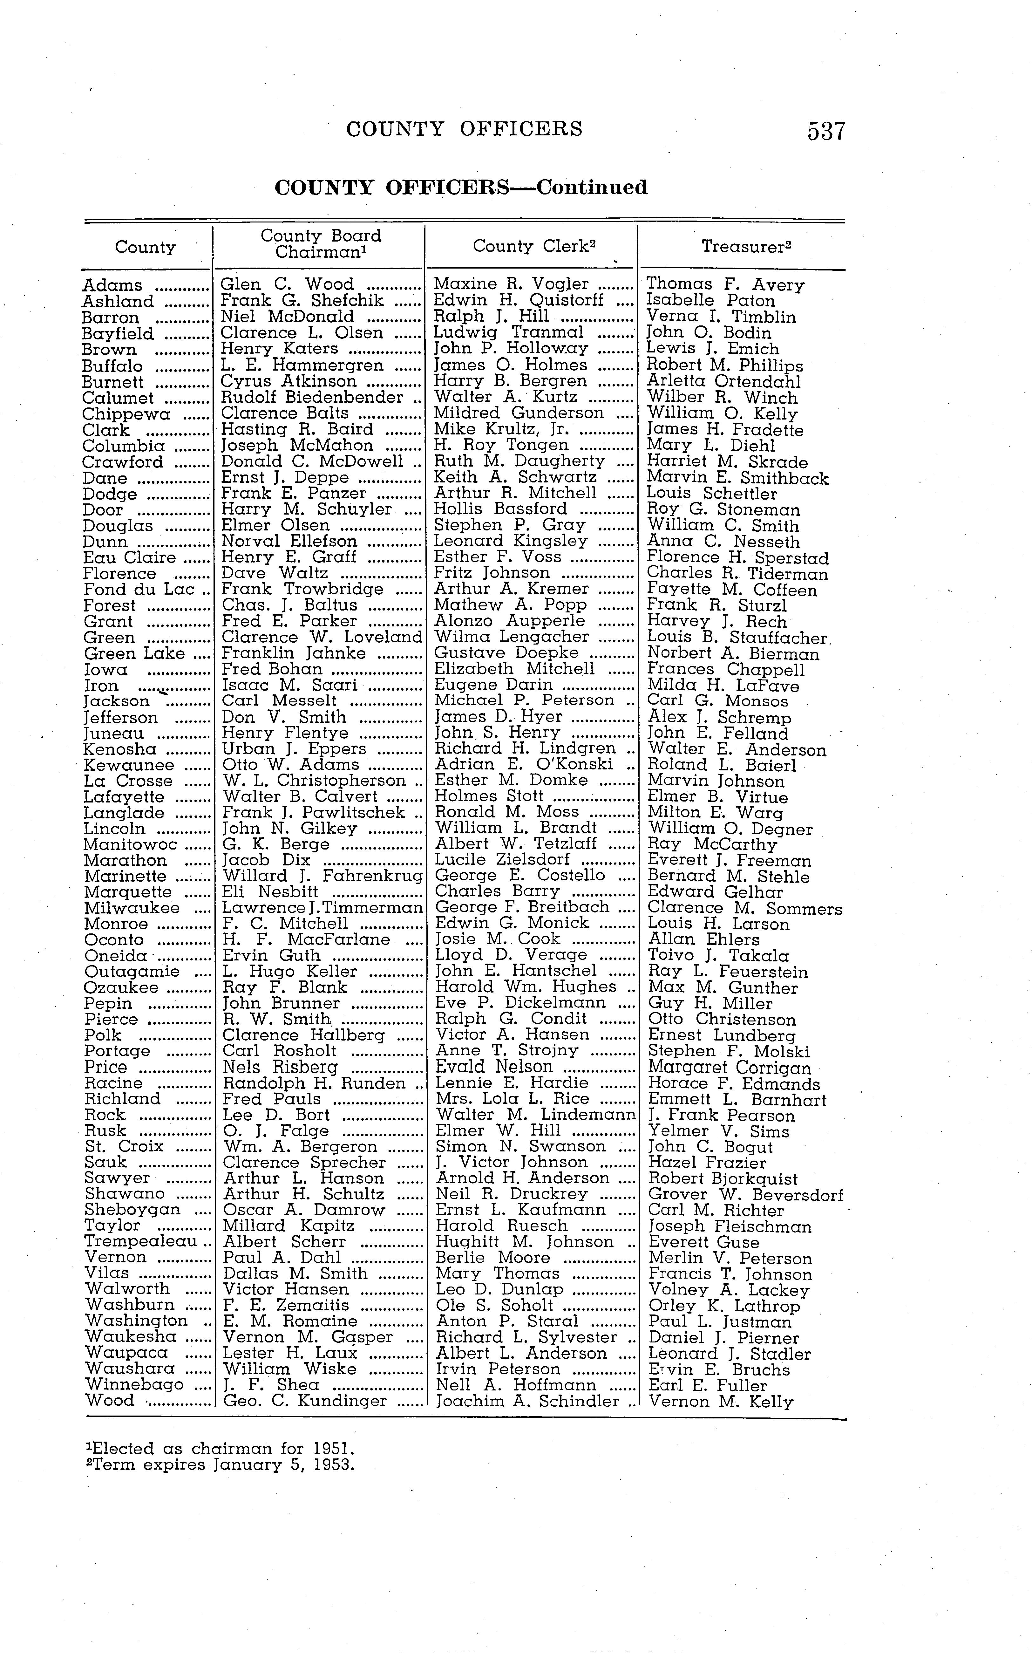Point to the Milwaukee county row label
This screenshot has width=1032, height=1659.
132,908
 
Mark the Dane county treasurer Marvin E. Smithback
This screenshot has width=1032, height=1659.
737,479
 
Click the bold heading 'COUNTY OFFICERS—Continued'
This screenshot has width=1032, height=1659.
461,188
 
